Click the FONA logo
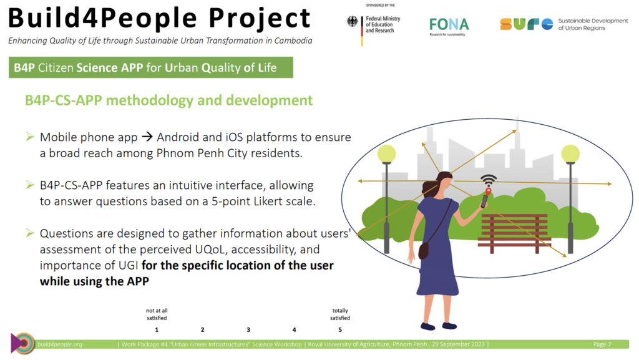[449, 26]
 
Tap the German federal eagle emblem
[352, 21]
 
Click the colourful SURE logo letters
[527, 24]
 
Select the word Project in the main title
[260, 18]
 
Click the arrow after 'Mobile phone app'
[147, 137]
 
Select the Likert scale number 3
[248, 330]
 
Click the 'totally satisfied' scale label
[340, 314]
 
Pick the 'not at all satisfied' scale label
[157, 314]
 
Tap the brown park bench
[514, 233]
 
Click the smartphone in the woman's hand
[484, 201]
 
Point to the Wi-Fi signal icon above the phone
[488, 180]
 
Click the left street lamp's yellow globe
[386, 153]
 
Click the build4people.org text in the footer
[60, 344]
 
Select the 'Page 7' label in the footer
[602, 344]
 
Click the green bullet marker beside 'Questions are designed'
[30, 233]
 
